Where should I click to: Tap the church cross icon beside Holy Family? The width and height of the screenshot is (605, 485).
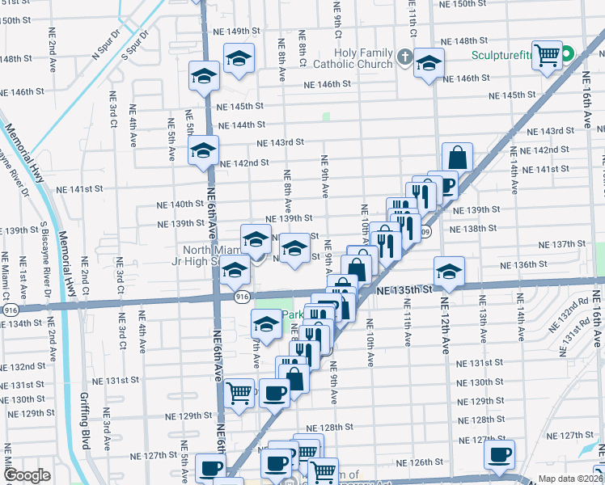tap(406, 58)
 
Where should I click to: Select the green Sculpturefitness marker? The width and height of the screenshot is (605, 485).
tap(568, 55)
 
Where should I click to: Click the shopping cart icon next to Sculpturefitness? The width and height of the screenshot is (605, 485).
tap(548, 55)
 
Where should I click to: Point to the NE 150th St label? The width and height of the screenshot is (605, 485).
tap(463, 4)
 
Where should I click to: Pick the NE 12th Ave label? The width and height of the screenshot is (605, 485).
tap(445, 327)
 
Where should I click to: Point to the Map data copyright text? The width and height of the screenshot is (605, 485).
tap(570, 479)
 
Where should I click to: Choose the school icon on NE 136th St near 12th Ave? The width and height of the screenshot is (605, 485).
tap(449, 270)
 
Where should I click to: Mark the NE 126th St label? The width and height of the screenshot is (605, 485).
tap(430, 462)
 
